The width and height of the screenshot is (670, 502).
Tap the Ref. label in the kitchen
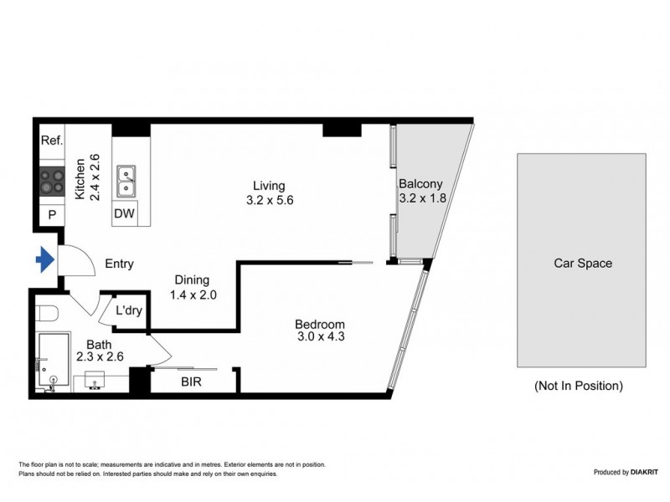click(51, 141)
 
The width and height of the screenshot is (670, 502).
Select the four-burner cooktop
click(51, 182)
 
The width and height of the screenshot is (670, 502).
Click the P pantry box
click(51, 215)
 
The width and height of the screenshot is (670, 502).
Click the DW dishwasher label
click(124, 214)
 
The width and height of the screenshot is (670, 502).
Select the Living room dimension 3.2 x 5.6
click(270, 201)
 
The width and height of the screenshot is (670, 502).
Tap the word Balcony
click(420, 184)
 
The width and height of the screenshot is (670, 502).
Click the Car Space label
click(583, 263)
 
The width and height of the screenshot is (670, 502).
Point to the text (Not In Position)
click(579, 386)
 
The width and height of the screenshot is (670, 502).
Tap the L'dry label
click(128, 310)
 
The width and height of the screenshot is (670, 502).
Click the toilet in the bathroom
click(48, 314)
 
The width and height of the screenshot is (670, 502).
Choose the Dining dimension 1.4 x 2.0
click(193, 295)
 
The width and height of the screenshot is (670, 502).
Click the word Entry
click(119, 264)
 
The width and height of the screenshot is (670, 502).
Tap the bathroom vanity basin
click(91, 383)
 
